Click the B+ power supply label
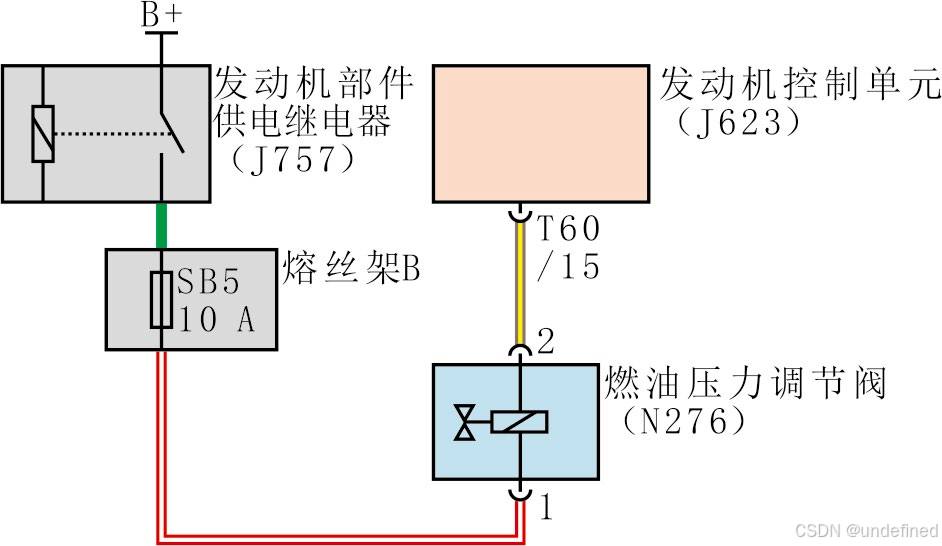162,14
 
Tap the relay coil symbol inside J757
42,133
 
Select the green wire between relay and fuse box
160,225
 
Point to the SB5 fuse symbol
160,298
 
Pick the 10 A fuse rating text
215,320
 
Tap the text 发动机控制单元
799,85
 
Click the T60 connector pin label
569,230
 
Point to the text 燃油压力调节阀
745,384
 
